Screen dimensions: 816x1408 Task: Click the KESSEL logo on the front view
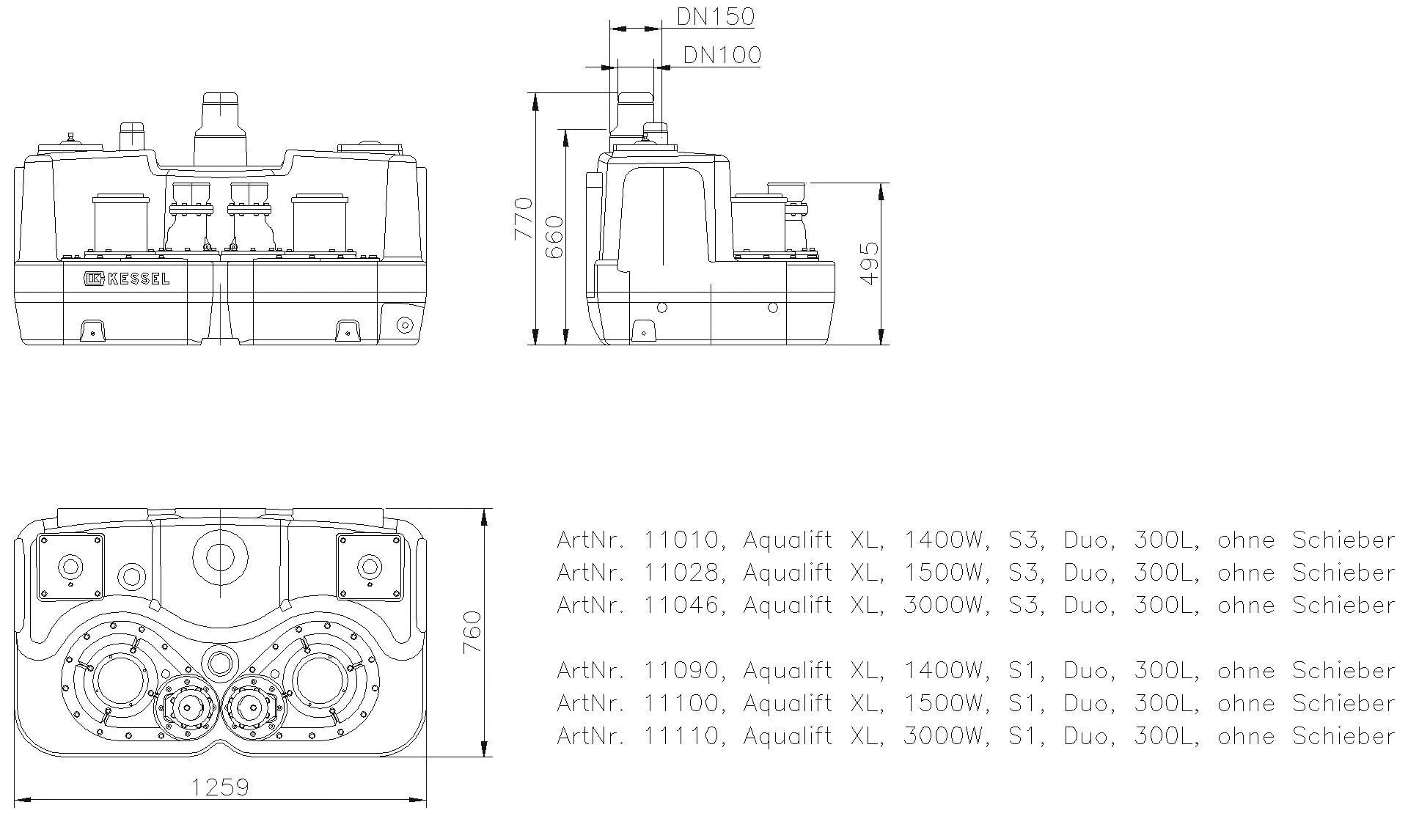[x=126, y=279]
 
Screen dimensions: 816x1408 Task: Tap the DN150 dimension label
[x=715, y=17]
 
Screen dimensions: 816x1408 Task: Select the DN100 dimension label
[x=722, y=55]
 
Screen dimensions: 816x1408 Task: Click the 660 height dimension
[x=555, y=236]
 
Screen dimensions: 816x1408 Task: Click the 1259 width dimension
[x=220, y=787]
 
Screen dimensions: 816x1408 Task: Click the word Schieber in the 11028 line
[x=1343, y=573]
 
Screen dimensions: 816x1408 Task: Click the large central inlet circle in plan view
[x=220, y=557]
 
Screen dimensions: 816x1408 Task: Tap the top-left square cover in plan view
[x=70, y=565]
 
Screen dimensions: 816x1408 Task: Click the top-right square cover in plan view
[x=369, y=565]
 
